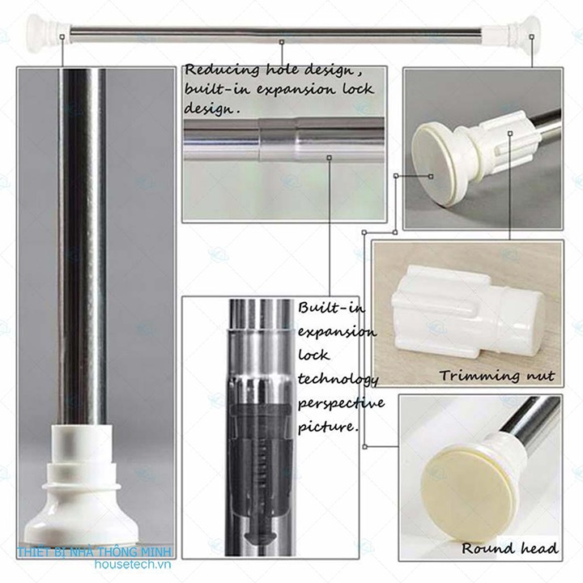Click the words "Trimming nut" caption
[496, 376]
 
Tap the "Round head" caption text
[509, 548]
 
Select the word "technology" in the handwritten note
[338, 380]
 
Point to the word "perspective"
[341, 403]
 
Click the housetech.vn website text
[133, 564]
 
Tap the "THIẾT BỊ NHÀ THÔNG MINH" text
[95, 551]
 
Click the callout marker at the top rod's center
[282, 42]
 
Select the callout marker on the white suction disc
[431, 177]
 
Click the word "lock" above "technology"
[314, 355]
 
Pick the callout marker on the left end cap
[62, 36]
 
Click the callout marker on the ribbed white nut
[510, 133]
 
